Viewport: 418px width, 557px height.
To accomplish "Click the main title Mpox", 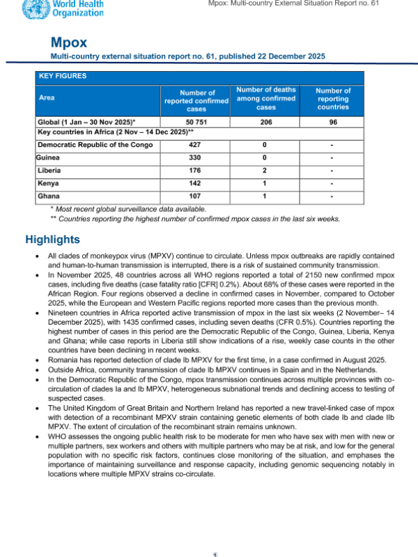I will click(69, 41).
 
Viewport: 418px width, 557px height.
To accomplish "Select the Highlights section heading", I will click(52, 240).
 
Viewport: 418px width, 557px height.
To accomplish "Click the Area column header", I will click(48, 98).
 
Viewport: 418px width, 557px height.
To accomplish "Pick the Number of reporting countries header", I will click(333, 99).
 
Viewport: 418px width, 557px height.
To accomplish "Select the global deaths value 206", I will click(265, 121).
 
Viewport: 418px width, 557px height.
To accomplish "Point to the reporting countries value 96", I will click(333, 121).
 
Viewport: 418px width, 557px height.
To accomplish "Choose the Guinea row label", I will click(49, 157).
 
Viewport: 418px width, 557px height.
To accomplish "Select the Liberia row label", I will click(50, 170).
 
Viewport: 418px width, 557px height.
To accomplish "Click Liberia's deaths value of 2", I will click(265, 170).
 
